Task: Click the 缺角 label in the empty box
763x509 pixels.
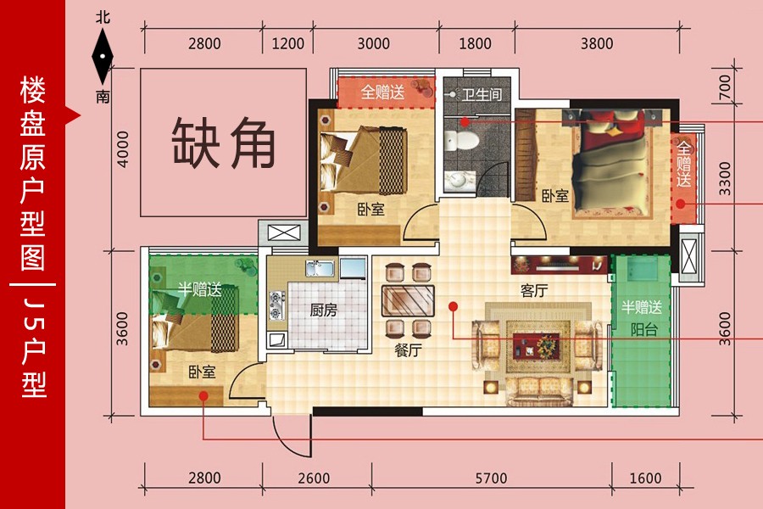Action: [x=224, y=143]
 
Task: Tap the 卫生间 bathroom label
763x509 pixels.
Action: [x=482, y=94]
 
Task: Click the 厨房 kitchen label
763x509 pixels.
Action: [x=323, y=310]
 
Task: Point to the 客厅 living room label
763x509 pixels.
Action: [x=534, y=291]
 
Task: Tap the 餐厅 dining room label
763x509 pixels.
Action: [x=408, y=350]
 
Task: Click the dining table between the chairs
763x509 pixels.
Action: [x=408, y=300]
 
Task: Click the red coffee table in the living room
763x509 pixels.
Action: [x=536, y=345]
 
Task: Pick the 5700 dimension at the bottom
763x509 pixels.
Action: [x=491, y=478]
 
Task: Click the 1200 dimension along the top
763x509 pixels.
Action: [x=287, y=43]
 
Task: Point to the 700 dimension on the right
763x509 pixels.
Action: [x=725, y=87]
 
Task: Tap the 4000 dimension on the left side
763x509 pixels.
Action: [x=123, y=149]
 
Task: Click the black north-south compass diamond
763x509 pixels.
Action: [x=103, y=57]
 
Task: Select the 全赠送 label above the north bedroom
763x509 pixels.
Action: [x=382, y=92]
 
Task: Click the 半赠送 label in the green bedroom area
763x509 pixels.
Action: [x=199, y=289]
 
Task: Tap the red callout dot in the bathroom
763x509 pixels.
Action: [x=465, y=122]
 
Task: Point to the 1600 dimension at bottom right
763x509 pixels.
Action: [x=645, y=478]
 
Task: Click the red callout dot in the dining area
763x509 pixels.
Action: [x=453, y=306]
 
